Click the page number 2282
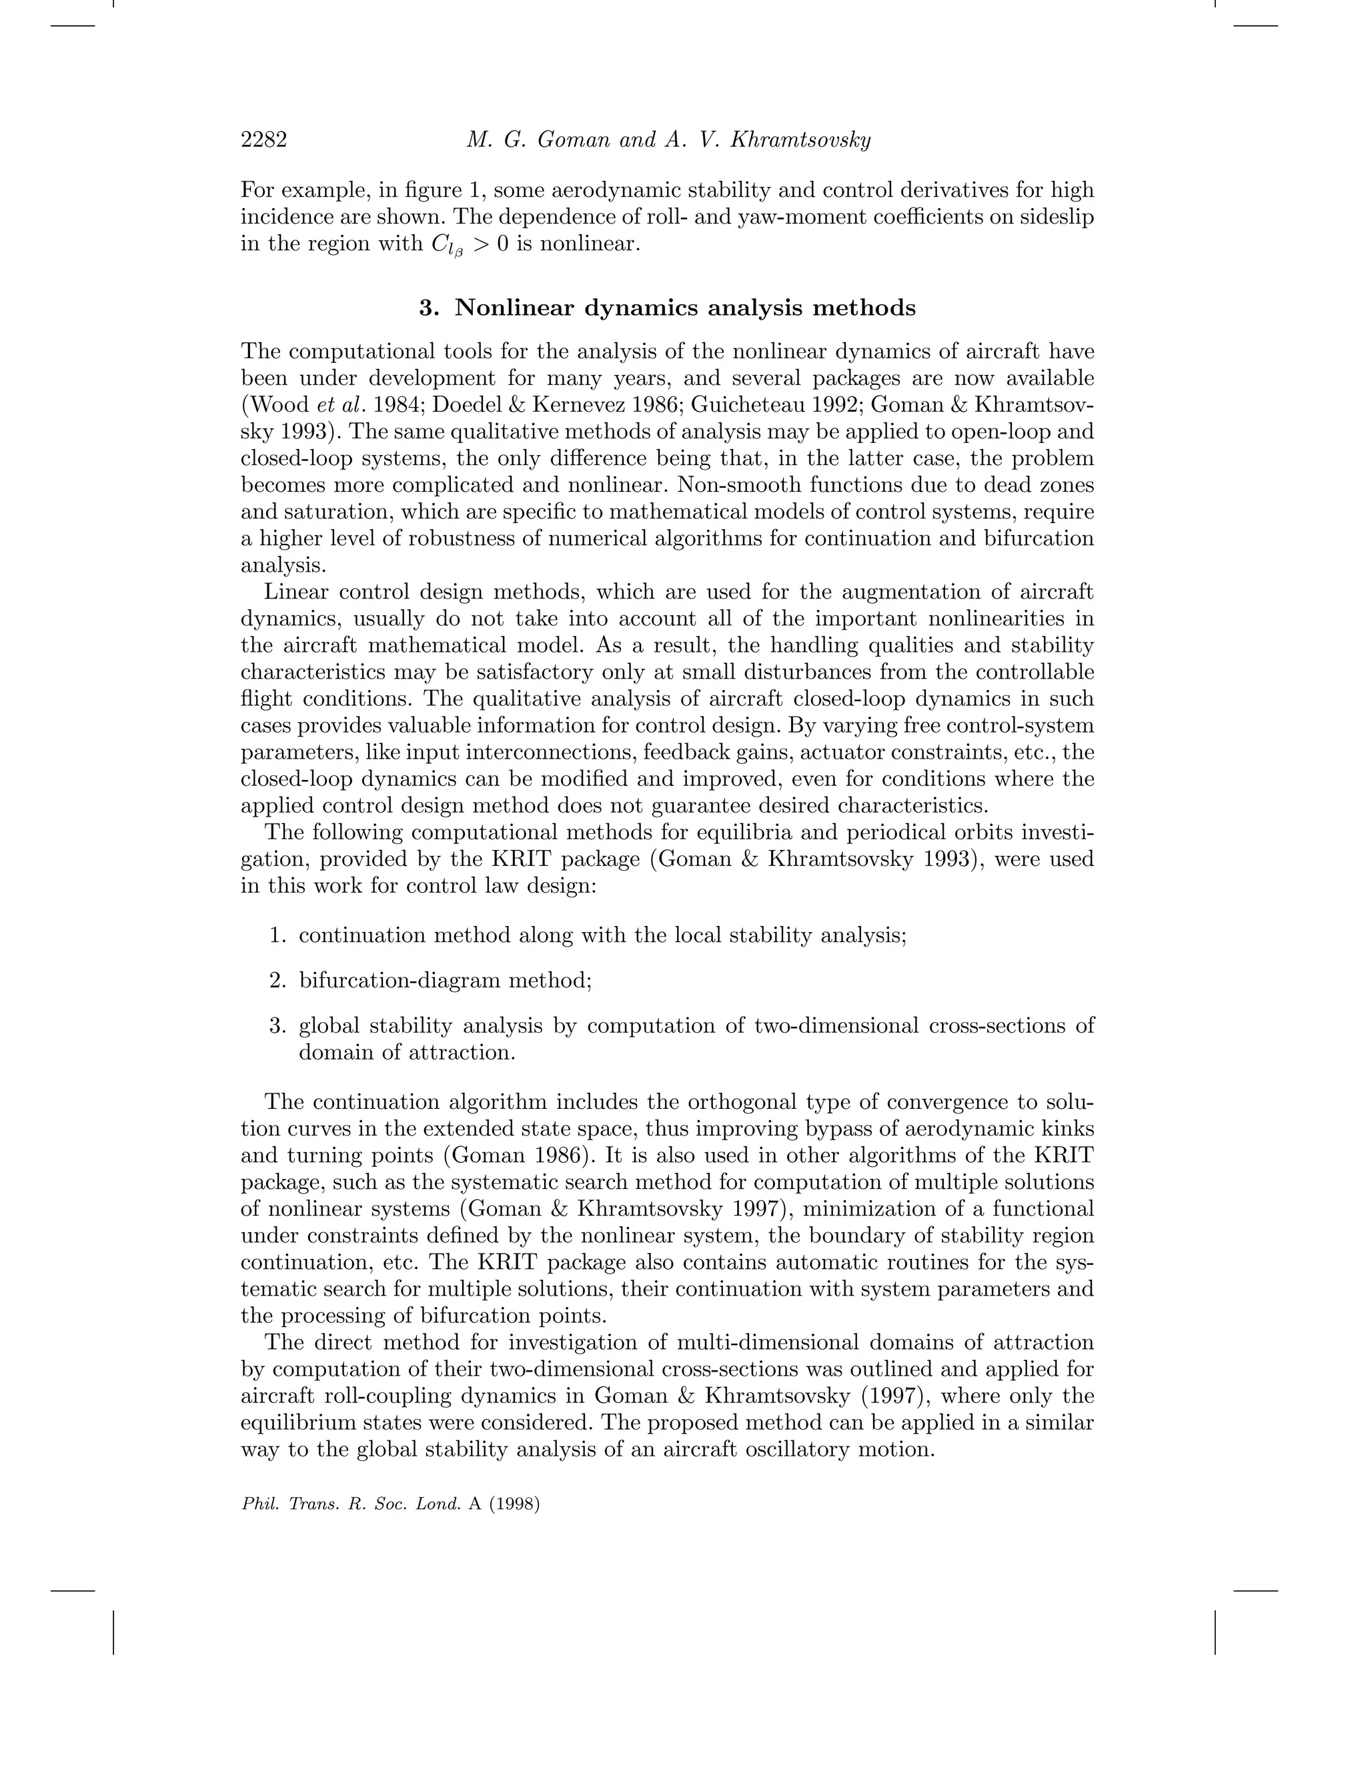coord(264,141)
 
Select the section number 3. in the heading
coord(430,308)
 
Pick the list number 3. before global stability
coord(277,1025)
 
